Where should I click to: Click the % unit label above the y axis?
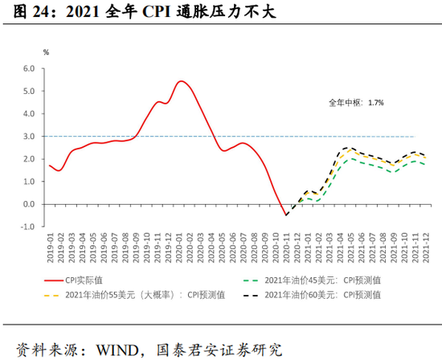point(46,52)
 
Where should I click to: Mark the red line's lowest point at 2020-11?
point(285,215)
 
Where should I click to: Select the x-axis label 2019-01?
point(49,252)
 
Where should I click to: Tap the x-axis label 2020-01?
point(180,252)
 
